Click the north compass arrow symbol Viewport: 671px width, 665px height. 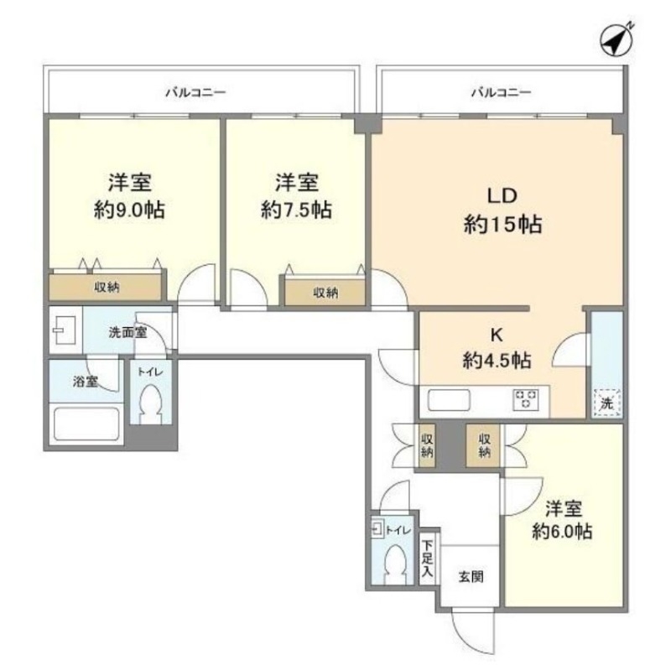click(x=616, y=39)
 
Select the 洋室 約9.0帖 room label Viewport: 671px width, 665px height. click(x=128, y=196)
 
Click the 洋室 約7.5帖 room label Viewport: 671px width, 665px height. click(x=296, y=196)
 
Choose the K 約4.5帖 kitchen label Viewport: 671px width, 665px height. click(x=496, y=348)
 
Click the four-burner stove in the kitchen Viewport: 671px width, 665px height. click(x=527, y=399)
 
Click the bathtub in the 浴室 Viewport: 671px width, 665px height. click(x=86, y=422)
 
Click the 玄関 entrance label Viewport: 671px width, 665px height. click(x=470, y=577)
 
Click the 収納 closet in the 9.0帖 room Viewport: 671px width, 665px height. click(x=106, y=287)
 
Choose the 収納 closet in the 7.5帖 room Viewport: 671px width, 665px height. click(x=325, y=292)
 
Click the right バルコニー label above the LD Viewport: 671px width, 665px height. click(x=501, y=92)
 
